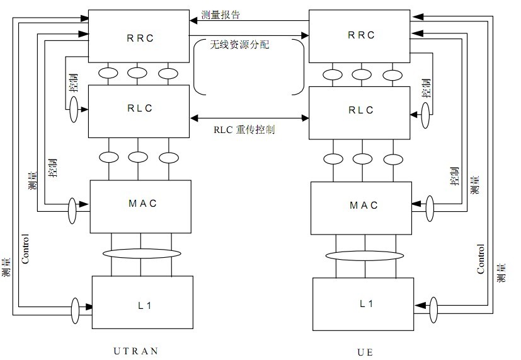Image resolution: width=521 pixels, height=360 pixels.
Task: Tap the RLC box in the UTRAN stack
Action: [x=139, y=111]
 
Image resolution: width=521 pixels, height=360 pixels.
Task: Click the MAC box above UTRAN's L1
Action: [x=140, y=206]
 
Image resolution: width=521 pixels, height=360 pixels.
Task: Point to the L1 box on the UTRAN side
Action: [x=142, y=302]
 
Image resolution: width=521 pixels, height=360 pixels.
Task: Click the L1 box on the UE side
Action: [x=364, y=303]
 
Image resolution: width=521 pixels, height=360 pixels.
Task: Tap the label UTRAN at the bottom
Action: [x=136, y=350]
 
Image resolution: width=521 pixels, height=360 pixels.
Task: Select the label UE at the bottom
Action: [x=365, y=351]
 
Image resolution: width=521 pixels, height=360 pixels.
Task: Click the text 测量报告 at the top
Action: [x=220, y=14]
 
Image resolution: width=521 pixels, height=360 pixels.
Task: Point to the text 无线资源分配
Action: [x=239, y=45]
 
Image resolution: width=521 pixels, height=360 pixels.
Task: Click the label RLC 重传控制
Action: [x=244, y=130]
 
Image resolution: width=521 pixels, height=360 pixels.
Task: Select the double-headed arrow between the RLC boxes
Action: [x=249, y=117]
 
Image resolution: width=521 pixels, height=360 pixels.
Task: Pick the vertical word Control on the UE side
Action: [x=481, y=258]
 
